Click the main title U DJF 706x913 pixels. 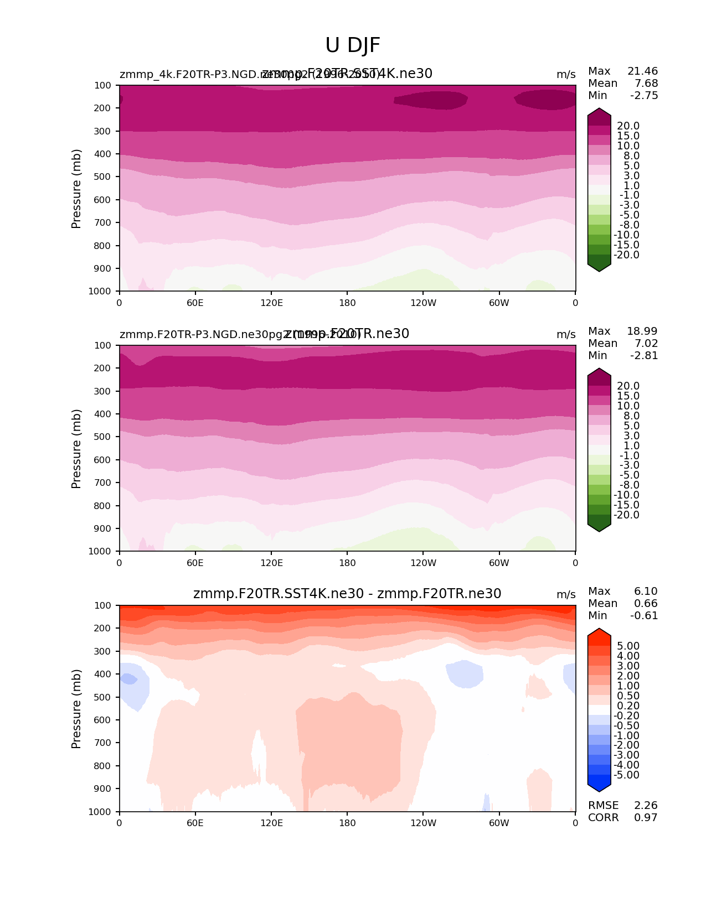(353, 45)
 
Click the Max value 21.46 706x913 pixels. (642, 71)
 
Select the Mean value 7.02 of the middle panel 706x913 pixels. (646, 344)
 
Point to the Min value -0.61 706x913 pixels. (644, 616)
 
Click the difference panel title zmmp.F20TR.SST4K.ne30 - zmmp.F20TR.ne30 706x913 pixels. (347, 594)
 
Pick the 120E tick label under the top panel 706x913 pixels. (271, 303)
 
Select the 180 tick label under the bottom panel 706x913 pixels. (347, 823)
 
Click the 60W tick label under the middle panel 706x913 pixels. (499, 563)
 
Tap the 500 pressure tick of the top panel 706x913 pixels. (103, 177)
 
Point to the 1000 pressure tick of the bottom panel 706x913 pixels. (100, 812)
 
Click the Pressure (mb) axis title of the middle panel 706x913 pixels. (76, 449)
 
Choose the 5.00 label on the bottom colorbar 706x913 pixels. (628, 646)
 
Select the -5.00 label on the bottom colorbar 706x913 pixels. (626, 775)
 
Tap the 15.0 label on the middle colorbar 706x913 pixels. (628, 396)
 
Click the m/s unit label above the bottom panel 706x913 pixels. (566, 595)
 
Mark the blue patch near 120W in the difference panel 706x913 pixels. (464, 674)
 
